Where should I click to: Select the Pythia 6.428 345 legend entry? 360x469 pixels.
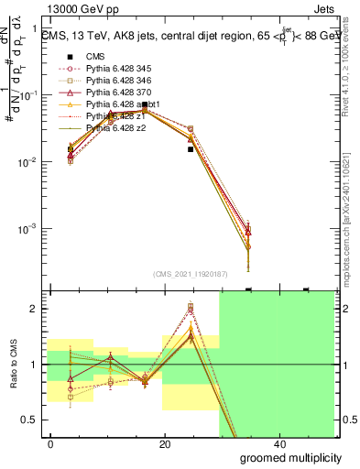tap(113, 69)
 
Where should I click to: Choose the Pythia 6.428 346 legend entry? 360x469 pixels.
tap(113, 81)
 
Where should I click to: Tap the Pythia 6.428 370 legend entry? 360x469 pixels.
tap(113, 93)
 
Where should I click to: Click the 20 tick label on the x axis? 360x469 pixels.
tap(164, 444)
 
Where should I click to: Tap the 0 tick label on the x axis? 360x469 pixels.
tap(51, 444)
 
